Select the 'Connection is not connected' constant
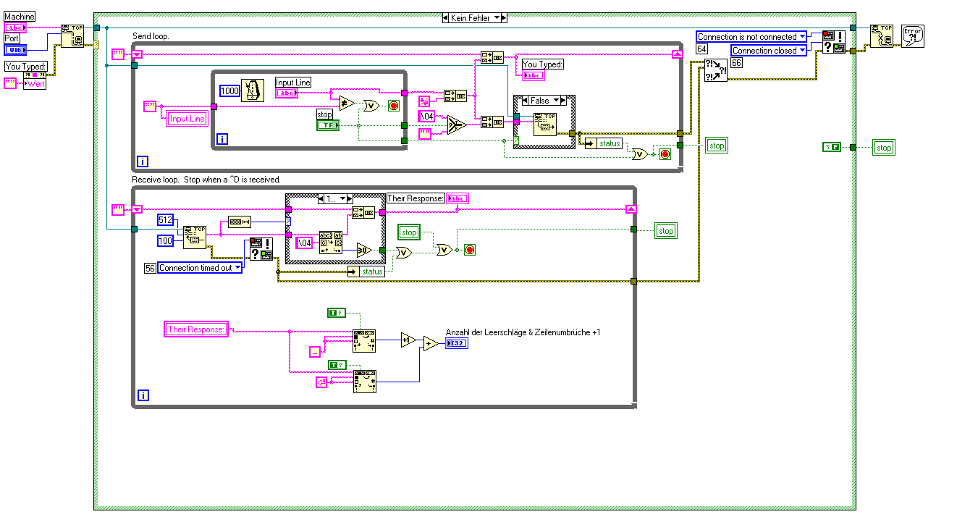point(747,37)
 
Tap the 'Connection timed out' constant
point(195,268)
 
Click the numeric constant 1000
point(229,91)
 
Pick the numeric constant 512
point(166,220)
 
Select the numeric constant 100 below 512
point(166,240)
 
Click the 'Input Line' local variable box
point(187,119)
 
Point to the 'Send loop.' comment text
point(151,35)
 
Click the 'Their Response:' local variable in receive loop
point(196,329)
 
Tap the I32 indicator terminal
point(457,343)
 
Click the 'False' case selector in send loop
point(541,101)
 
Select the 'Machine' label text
point(20,17)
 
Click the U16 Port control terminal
point(15,49)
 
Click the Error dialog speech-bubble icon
point(912,36)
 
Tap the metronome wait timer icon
point(251,91)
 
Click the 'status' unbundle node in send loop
point(609,143)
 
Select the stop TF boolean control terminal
point(326,126)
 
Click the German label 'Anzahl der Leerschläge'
point(523,332)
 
